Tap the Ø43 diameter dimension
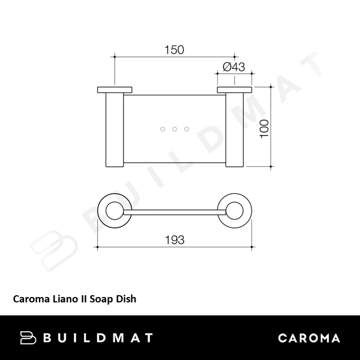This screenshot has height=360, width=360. point(234,67)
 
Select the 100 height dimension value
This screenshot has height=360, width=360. point(265,127)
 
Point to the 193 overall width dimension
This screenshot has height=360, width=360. point(174,239)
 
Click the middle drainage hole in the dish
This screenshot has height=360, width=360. point(174,129)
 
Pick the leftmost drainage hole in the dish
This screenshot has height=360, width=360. point(162,129)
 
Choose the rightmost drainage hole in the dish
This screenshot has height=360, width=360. point(187,129)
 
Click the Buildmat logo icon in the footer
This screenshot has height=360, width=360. point(29,337)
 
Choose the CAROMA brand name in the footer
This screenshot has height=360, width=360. point(310,338)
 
